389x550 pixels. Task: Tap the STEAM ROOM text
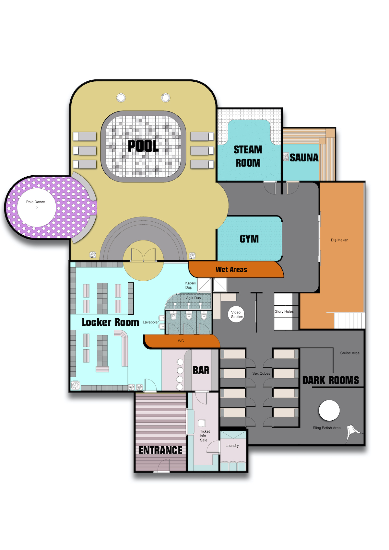pos(248,156)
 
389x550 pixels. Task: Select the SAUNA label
pos(304,158)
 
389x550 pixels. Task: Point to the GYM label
pos(249,239)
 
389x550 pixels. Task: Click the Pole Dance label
pos(36,202)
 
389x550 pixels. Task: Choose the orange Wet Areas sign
pos(236,269)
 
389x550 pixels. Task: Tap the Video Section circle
pos(237,314)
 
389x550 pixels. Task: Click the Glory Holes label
pos(284,311)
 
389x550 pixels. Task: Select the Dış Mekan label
pos(339,240)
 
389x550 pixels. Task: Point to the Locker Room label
pos(110,322)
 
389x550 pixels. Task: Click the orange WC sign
pos(182,341)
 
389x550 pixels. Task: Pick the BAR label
pos(201,370)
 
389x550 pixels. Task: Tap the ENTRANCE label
pos(160,450)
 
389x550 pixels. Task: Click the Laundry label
pos(232,446)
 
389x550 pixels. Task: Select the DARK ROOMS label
pos(330,380)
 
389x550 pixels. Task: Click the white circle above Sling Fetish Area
pos(329,410)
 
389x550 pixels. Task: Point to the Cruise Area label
pos(349,353)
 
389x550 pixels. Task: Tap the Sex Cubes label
pos(261,373)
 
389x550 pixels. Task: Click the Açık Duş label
pos(193,298)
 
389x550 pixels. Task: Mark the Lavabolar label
pos(150,322)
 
